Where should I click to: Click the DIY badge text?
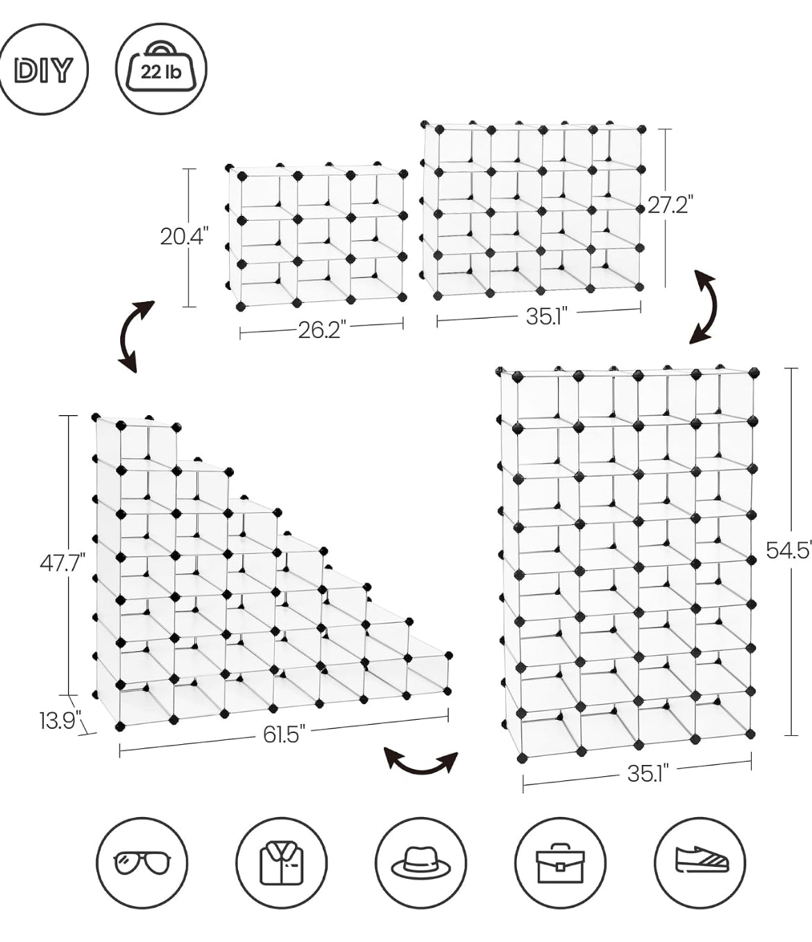tap(43, 70)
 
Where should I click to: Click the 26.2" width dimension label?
tap(322, 330)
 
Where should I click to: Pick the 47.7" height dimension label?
tap(62, 563)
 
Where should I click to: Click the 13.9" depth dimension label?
tap(60, 721)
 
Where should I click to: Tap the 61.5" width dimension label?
tap(283, 747)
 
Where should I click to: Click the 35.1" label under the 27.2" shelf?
tap(547, 316)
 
